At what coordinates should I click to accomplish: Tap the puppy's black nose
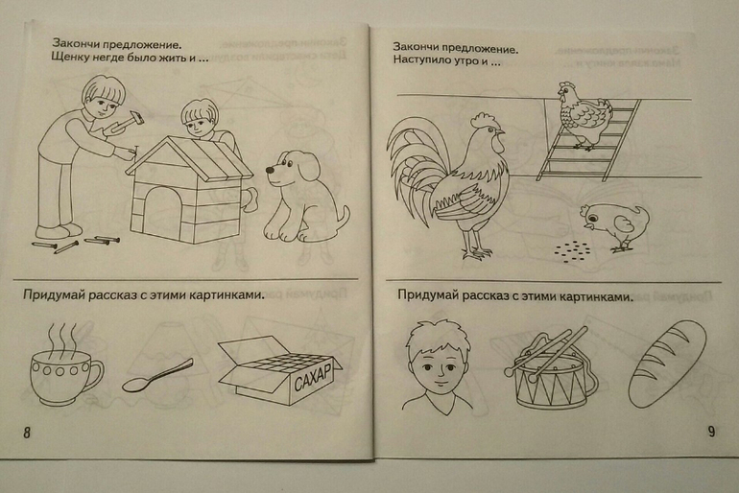pos(269,170)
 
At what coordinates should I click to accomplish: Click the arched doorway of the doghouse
pos(163,213)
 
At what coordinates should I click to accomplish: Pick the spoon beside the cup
pos(157,376)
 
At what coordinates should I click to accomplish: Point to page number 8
pos(27,433)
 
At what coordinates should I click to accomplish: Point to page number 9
pos(711,431)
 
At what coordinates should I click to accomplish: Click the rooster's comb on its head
pos(485,120)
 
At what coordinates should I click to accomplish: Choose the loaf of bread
pos(668,364)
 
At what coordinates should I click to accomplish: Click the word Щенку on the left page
pos(66,59)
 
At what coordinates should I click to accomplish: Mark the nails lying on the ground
pos(76,244)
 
